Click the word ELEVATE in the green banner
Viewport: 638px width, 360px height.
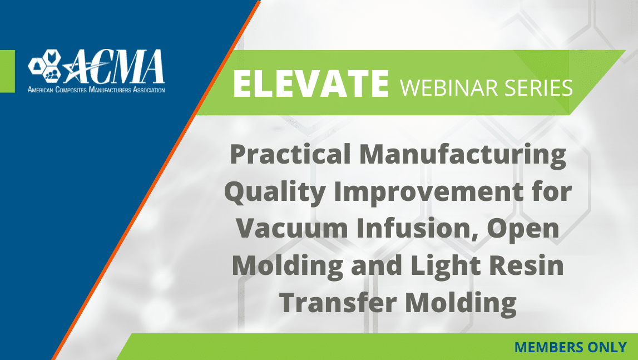point(311,84)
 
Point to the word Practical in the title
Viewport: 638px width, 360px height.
point(290,154)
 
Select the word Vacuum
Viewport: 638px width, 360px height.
point(291,229)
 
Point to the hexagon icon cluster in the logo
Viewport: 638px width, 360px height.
point(44,65)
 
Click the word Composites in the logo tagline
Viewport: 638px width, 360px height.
point(71,90)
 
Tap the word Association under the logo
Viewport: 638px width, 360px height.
point(149,90)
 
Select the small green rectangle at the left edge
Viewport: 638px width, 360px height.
point(7,71)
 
